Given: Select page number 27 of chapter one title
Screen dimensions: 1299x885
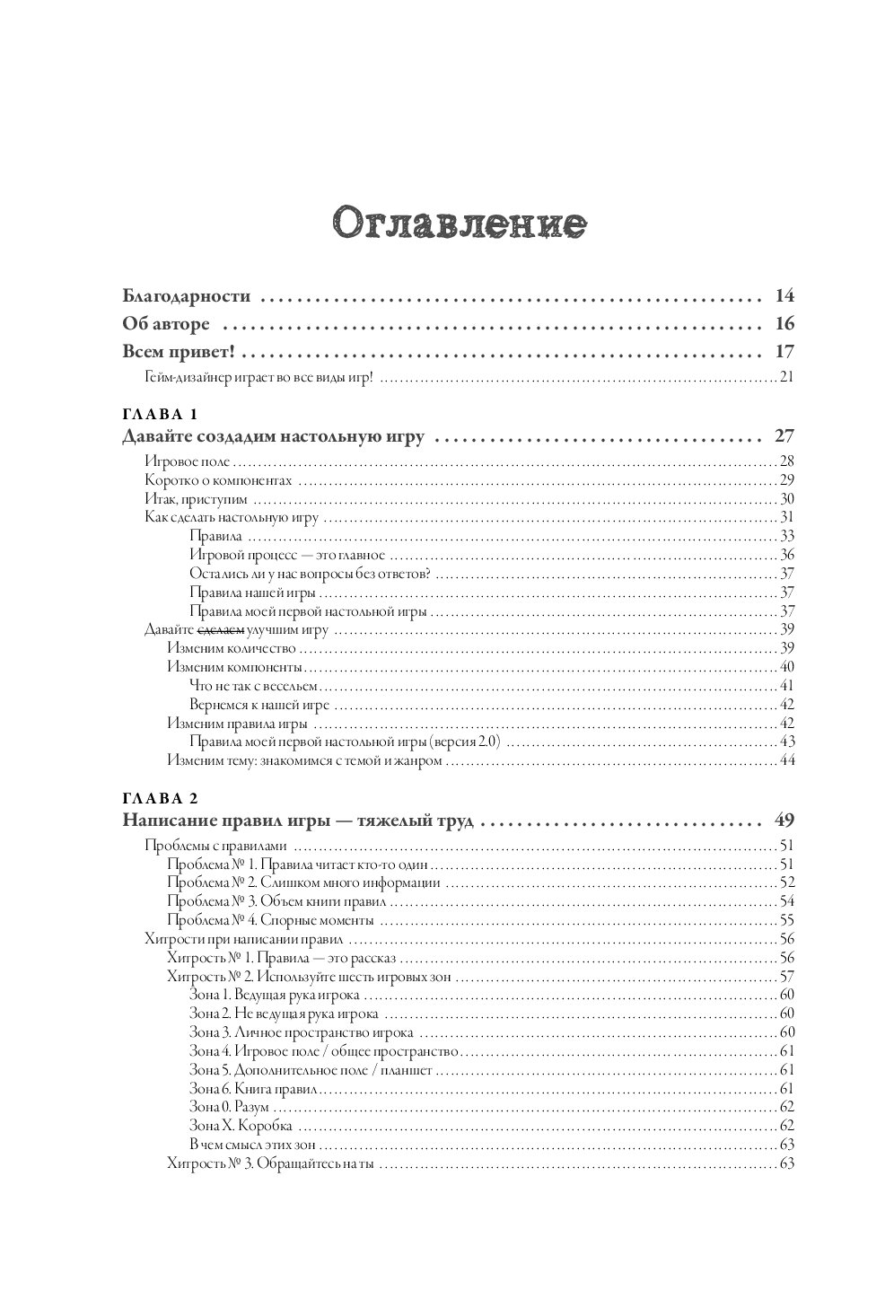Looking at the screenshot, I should coord(784,438).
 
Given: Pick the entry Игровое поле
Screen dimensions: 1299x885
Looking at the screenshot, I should coord(188,461).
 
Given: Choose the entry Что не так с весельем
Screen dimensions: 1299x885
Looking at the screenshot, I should coord(255,686).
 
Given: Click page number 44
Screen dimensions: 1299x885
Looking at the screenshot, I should coord(787,760).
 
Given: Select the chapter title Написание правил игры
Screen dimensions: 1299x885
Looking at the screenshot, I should coord(297,821).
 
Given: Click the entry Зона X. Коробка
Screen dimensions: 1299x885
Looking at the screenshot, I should coord(241,1126).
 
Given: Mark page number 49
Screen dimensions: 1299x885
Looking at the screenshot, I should coord(784,821).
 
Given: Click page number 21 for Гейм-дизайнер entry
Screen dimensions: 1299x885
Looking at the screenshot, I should coord(787,376).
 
